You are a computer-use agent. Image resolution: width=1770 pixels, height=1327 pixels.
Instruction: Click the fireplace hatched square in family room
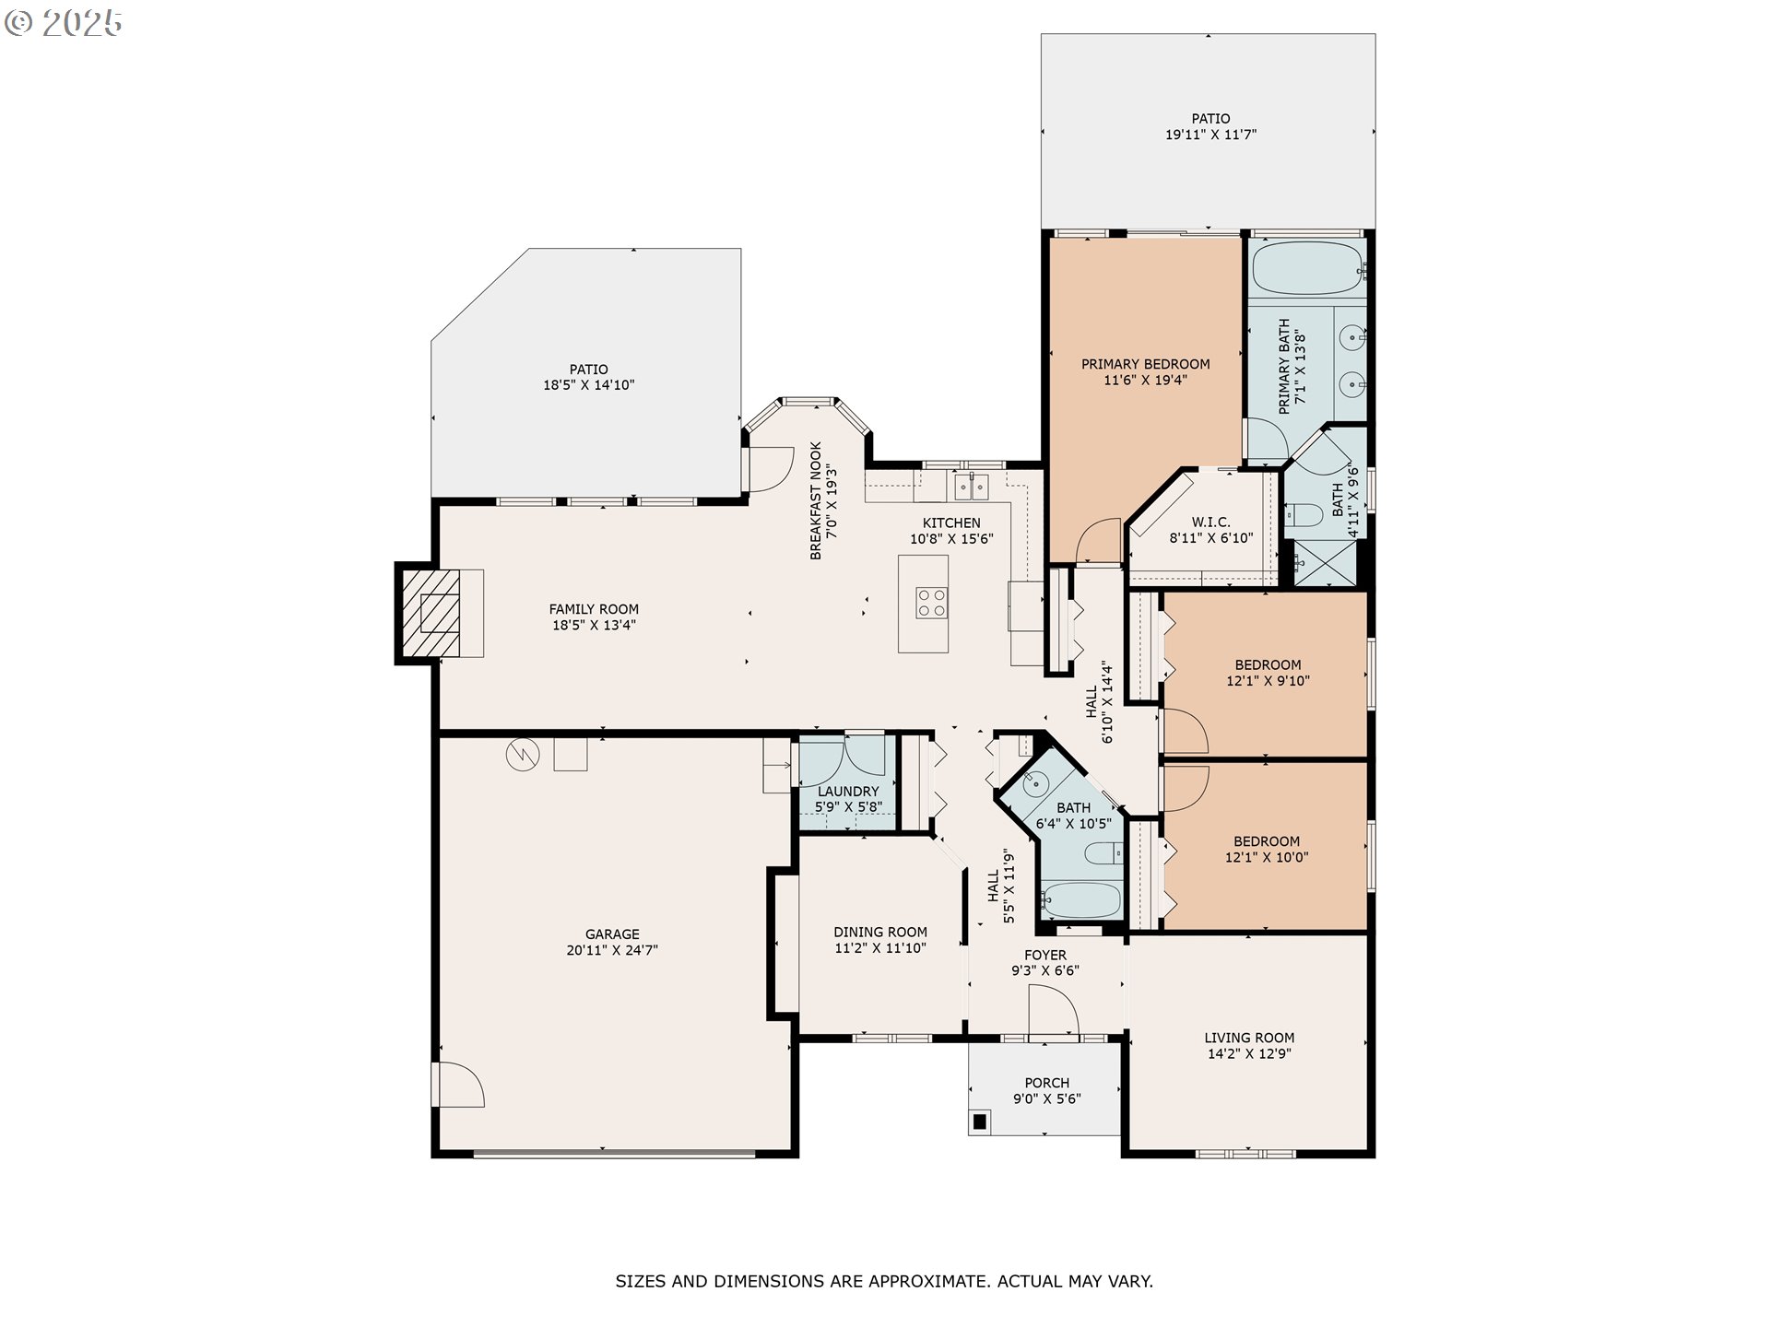pyautogui.click(x=431, y=613)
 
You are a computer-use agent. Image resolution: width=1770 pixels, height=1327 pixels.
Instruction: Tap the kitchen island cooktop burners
pyautogui.click(x=931, y=602)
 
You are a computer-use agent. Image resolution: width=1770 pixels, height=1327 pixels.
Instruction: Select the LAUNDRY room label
pyautogui.click(x=848, y=791)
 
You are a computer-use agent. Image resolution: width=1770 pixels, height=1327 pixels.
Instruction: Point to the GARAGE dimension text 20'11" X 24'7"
pyautogui.click(x=612, y=950)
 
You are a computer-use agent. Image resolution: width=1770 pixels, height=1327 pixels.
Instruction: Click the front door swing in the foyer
pyautogui.click(x=1054, y=1011)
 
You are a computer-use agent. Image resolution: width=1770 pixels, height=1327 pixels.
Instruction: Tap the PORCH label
pyautogui.click(x=1047, y=1083)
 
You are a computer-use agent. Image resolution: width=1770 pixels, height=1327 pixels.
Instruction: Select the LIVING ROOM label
pyautogui.click(x=1249, y=1038)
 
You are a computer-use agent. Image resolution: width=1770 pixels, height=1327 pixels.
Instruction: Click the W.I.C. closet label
pyautogui.click(x=1211, y=523)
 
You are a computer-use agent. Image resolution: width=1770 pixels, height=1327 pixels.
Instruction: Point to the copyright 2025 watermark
pyautogui.click(x=64, y=23)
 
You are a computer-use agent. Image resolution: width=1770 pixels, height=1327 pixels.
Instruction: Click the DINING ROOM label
pyautogui.click(x=880, y=932)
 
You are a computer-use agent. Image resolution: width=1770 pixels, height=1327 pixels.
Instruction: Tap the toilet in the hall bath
pyautogui.click(x=1103, y=854)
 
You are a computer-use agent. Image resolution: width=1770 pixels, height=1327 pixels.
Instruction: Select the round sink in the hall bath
pyautogui.click(x=1036, y=784)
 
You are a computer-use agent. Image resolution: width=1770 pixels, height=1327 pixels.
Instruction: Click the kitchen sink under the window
pyautogui.click(x=972, y=486)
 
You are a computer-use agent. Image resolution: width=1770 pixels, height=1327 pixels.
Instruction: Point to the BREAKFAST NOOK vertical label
pyautogui.click(x=816, y=501)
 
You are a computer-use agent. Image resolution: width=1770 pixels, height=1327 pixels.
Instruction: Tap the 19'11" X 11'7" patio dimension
pyautogui.click(x=1210, y=135)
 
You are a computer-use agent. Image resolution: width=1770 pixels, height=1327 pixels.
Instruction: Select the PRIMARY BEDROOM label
pyautogui.click(x=1146, y=364)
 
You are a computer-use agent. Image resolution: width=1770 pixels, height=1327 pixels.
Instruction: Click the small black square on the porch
pyautogui.click(x=980, y=1121)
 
